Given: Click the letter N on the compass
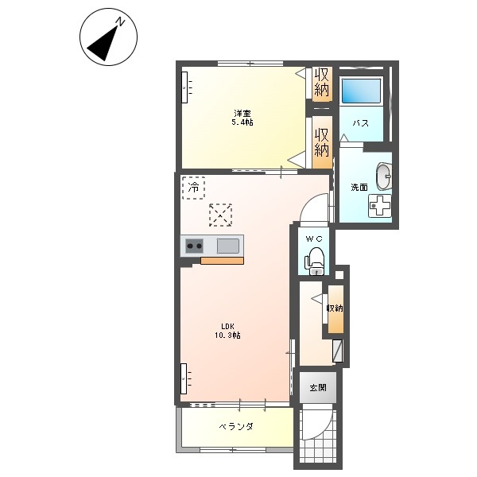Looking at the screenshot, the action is tap(121, 22).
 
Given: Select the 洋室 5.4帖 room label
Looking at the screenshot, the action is tap(242, 118).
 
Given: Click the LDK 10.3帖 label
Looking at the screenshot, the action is tap(228, 331).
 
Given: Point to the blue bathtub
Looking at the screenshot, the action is tap(362, 91).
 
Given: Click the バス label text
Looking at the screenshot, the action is tap(360, 123).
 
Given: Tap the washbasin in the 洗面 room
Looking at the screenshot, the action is tap(384, 176).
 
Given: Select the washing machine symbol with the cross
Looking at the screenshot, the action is tap(379, 206).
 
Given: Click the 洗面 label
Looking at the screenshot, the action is tap(359, 188).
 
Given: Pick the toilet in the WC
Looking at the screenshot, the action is tap(316, 262).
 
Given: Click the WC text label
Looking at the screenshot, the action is tap(314, 239).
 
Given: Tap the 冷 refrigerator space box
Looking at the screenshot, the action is tap(193, 188).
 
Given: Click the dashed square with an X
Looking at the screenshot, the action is tap(221, 215).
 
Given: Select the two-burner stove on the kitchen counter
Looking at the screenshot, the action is tap(194, 246).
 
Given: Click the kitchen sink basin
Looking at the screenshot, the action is tap(228, 246).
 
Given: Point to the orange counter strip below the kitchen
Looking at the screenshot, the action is tap(222, 261).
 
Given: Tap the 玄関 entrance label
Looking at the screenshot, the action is tap(318, 388).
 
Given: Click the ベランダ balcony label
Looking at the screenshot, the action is tap(236, 426).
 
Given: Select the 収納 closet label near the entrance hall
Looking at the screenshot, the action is tap(335, 308).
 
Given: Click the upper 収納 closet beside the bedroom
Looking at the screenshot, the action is tap(322, 82).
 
